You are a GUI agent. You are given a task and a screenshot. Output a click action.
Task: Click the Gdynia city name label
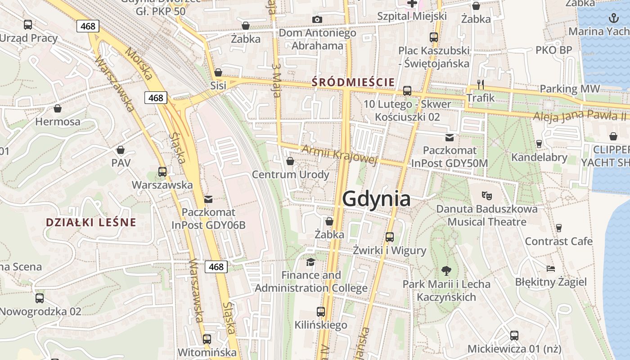[377, 199]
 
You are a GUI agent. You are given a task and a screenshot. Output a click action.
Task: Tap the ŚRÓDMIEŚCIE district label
[353, 82]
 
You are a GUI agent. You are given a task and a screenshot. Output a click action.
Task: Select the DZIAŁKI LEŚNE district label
[91, 222]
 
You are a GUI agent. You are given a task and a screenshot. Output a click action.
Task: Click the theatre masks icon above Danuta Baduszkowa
[486, 196]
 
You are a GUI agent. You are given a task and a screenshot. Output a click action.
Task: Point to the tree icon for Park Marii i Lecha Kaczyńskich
[446, 270]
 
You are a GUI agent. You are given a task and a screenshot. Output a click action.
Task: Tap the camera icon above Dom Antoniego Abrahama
[317, 19]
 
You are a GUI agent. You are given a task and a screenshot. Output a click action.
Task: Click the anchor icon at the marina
[613, 18]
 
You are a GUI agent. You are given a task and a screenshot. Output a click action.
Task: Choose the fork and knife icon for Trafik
[481, 84]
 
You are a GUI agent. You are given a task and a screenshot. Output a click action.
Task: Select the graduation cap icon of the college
[310, 262]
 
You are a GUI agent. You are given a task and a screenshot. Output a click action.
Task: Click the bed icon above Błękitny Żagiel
[551, 269]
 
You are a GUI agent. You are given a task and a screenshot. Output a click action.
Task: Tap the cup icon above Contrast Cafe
[559, 228]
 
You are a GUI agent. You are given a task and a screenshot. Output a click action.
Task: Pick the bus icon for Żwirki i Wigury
[390, 237]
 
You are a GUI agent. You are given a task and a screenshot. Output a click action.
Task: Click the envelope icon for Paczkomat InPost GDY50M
[449, 138]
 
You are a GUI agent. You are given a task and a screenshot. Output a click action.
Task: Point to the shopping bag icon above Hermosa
[58, 108]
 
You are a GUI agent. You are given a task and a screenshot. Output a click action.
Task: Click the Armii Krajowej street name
[340, 155]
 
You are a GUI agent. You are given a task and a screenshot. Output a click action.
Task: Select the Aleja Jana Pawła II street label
[580, 116]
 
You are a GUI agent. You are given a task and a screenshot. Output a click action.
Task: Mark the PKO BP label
[553, 50]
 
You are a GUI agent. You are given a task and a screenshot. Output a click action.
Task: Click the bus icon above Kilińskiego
[321, 311]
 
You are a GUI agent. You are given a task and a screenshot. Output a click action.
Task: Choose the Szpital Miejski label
[412, 16]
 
